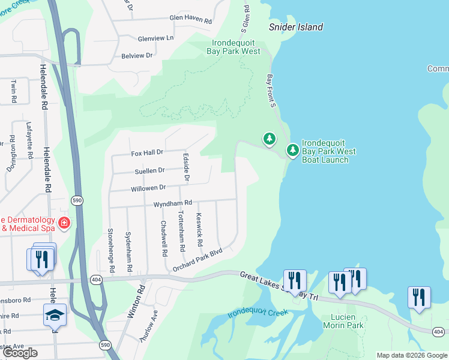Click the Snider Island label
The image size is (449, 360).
pos(296,27)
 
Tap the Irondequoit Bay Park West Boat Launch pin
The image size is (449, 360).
pos(292,150)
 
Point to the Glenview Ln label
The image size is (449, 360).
pos(155,38)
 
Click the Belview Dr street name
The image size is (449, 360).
pos(137,55)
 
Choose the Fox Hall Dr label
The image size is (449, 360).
pos(148,153)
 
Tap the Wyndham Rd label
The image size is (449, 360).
pos(172,203)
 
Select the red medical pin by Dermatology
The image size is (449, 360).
pos(64,224)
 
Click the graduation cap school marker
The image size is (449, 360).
pos(55,314)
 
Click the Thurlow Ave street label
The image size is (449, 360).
pos(148,326)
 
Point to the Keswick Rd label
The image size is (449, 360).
pos(199,230)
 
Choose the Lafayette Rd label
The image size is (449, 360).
pos(29,140)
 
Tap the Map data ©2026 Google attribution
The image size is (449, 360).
pos(412,355)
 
